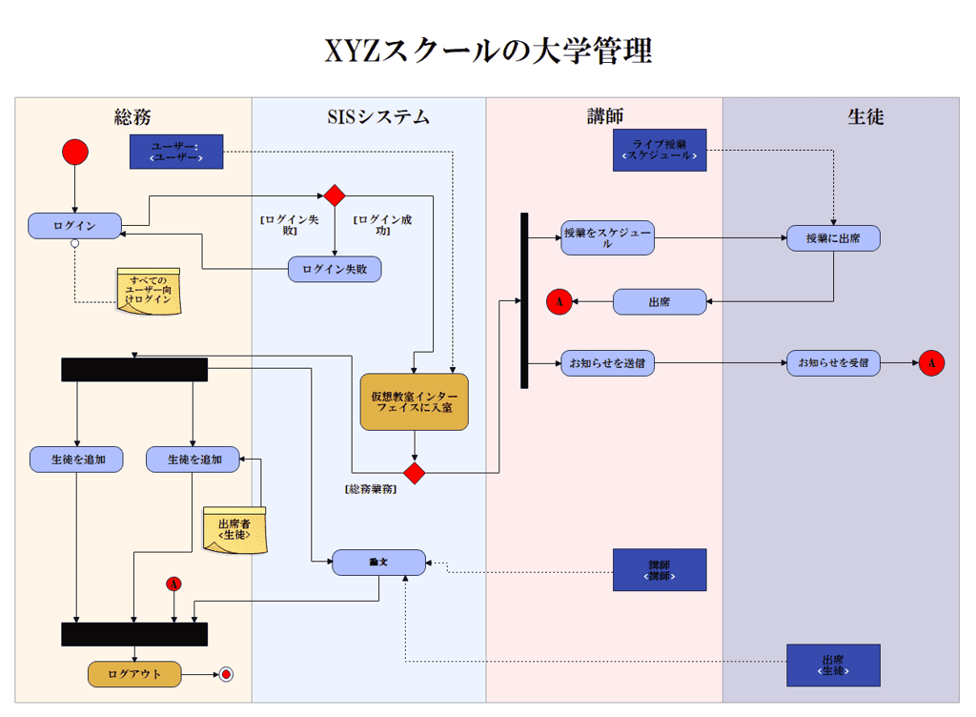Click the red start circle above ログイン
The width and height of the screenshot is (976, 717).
point(75,152)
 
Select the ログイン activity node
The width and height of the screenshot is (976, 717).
point(74,226)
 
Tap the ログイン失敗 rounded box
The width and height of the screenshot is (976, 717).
point(335,270)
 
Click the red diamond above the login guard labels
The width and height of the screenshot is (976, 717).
point(335,195)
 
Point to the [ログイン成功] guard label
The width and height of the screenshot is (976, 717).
point(382,225)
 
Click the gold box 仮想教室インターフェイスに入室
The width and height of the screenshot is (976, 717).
point(414,401)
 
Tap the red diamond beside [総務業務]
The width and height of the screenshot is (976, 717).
point(414,473)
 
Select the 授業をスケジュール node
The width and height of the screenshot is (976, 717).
point(607,238)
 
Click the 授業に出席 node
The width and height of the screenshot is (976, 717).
point(833,238)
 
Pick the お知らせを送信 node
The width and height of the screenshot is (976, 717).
point(607,363)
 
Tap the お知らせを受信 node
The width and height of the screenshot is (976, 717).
point(833,363)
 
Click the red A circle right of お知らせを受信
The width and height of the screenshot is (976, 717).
point(931,363)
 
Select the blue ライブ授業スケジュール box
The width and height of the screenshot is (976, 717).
point(660,150)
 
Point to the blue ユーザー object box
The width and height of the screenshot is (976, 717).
point(176,152)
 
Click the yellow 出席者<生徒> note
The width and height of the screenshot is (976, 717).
point(234,529)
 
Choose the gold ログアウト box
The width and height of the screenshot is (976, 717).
point(134,674)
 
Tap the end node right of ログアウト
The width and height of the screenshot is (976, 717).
point(225,674)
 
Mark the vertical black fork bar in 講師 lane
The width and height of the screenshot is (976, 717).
point(524,300)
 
